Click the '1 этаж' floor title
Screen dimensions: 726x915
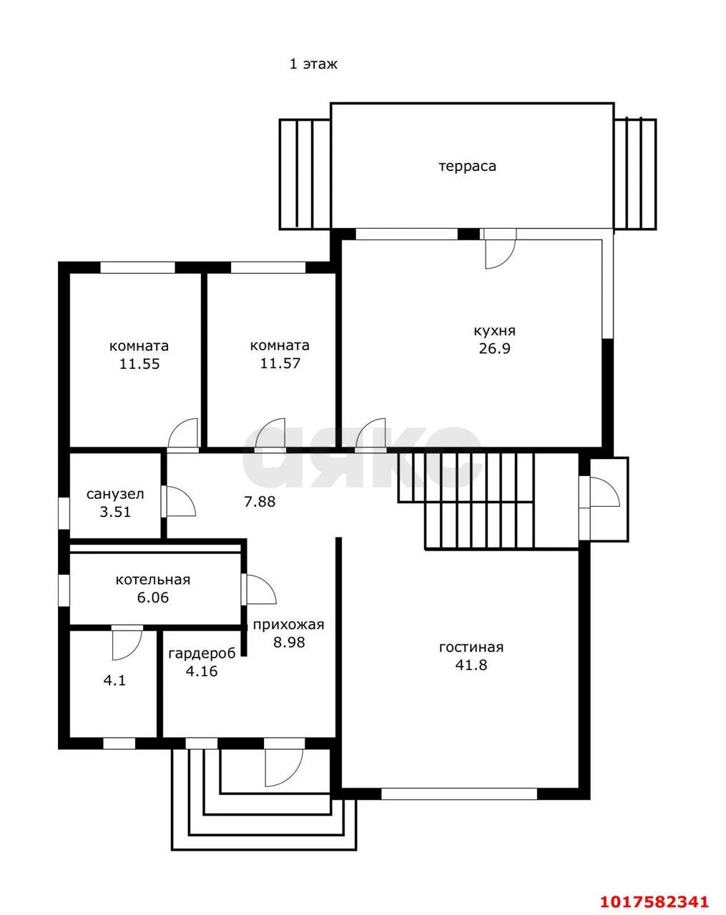(x=313, y=64)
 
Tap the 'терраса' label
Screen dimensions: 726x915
(x=467, y=167)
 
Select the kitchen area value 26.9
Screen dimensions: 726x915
(x=494, y=348)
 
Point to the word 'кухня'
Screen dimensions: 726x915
(x=494, y=330)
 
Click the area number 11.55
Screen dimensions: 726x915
(x=139, y=364)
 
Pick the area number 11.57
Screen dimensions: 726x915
(x=280, y=363)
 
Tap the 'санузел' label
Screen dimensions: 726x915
(x=115, y=494)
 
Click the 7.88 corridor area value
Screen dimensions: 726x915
(x=260, y=502)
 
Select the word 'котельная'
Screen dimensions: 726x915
(x=153, y=580)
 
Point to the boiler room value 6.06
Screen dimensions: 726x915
(x=153, y=598)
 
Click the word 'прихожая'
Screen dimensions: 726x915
(x=288, y=625)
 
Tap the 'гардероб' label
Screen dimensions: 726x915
(x=202, y=653)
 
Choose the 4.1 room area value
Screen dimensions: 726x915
(x=115, y=681)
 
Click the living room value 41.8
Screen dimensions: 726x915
(x=471, y=665)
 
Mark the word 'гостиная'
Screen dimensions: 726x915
(x=471, y=647)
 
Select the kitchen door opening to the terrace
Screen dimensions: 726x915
(x=501, y=254)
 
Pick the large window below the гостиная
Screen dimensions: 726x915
(x=459, y=793)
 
